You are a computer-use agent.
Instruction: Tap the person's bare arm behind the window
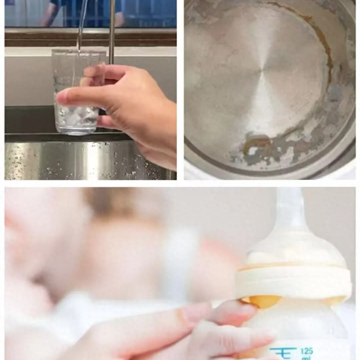(x=47, y=15)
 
